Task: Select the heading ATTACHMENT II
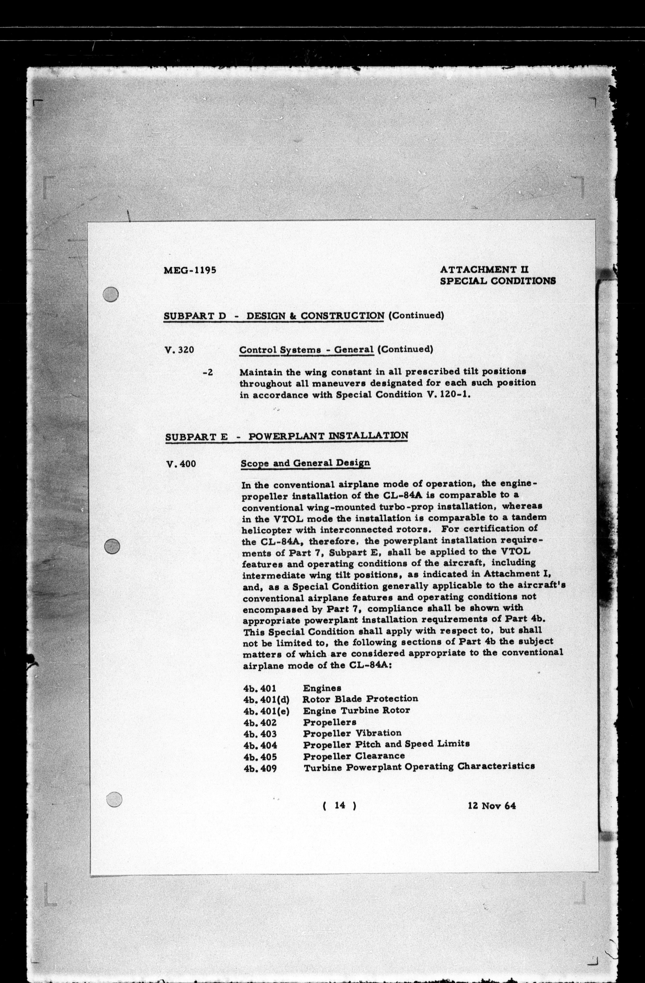(x=485, y=270)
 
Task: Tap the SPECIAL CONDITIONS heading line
(x=498, y=281)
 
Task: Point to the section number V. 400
(x=180, y=464)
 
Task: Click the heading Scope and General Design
(x=305, y=463)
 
